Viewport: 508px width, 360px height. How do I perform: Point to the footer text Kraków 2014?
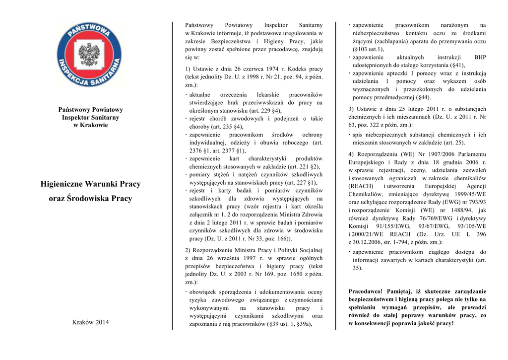pos(90,322)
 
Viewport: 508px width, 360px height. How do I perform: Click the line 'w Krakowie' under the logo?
pos(90,125)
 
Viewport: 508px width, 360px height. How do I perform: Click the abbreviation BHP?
pos(480,57)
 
